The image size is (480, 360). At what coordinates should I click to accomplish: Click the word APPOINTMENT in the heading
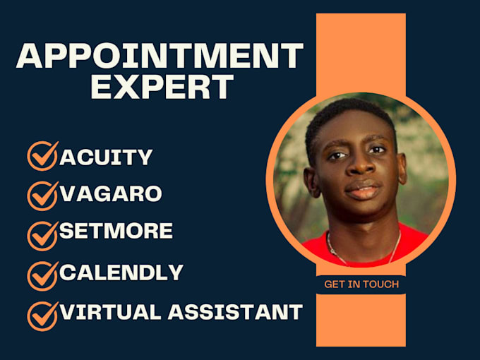tap(160, 56)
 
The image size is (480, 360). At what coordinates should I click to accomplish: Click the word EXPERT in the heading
tap(162, 86)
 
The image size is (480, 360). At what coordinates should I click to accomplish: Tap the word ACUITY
tap(106, 157)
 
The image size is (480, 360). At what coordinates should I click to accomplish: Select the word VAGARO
tap(112, 193)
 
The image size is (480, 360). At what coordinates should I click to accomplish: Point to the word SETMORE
tap(116, 231)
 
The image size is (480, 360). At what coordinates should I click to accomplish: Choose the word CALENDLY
tap(121, 272)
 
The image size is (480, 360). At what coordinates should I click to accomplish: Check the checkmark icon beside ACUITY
tap(42, 156)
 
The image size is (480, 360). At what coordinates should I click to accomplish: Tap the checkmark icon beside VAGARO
tap(42, 195)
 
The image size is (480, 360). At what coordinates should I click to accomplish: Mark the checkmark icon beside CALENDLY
tap(42, 274)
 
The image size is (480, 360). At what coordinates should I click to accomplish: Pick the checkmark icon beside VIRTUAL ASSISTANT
tap(42, 314)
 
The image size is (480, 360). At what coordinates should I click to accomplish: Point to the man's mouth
tap(361, 191)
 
